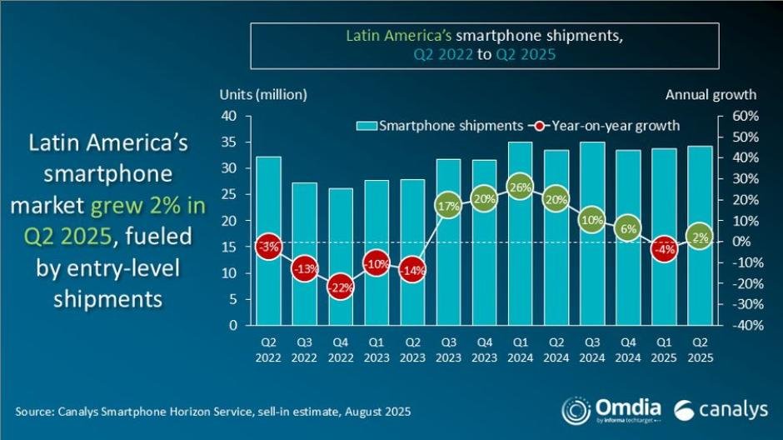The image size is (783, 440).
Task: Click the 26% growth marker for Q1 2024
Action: point(521,187)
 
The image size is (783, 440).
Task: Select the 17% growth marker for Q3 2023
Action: point(448,205)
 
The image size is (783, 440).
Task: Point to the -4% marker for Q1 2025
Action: point(665,249)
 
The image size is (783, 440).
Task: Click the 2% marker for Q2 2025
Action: point(701,237)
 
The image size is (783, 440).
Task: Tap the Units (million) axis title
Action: point(263,94)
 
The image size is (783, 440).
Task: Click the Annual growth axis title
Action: point(711,94)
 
